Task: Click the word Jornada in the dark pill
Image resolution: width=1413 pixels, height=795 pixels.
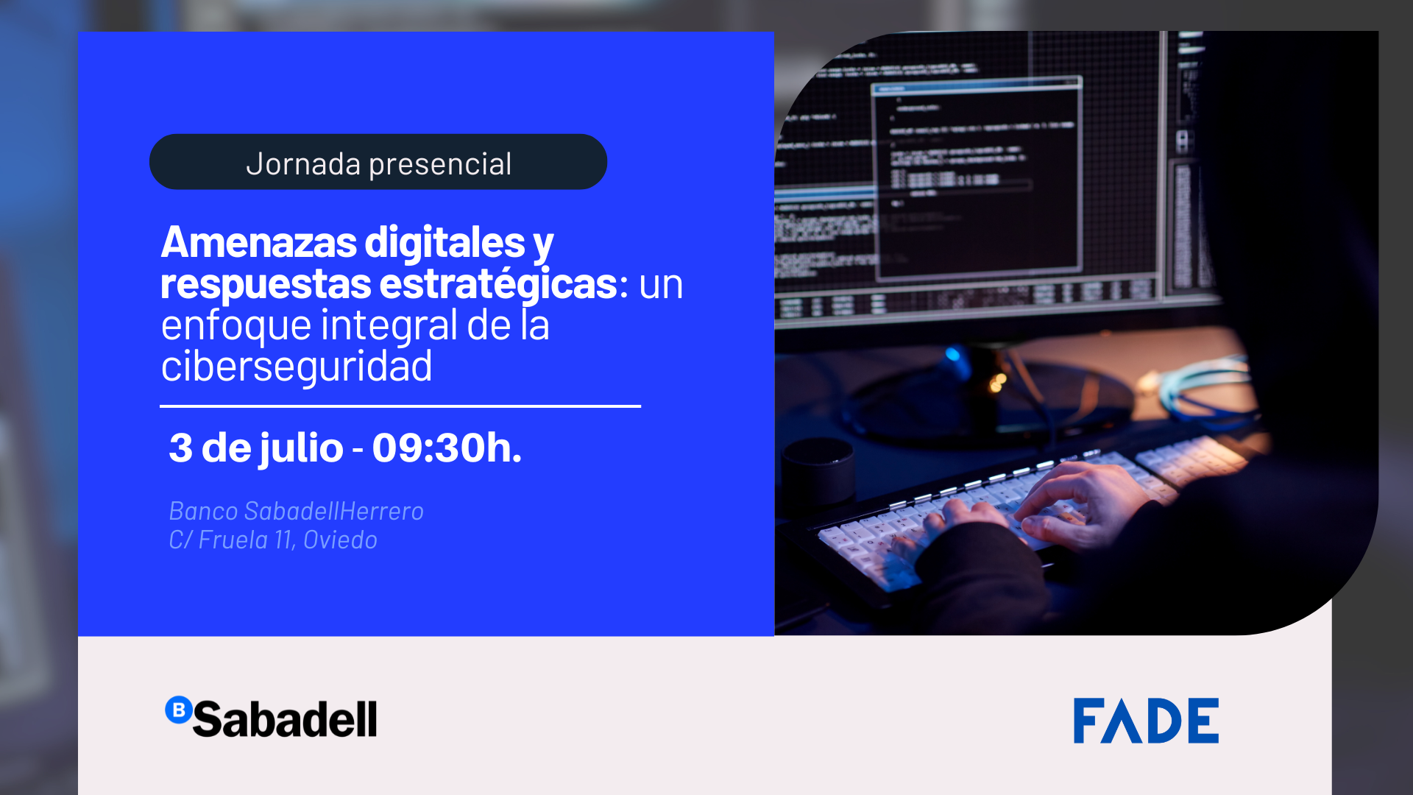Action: coord(303,163)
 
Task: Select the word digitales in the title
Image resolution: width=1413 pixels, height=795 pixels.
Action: coord(445,242)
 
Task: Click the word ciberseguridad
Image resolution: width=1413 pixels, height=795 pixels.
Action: coord(297,366)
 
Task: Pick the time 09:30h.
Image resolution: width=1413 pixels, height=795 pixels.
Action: coord(447,448)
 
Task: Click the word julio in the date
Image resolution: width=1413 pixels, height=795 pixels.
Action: coord(300,449)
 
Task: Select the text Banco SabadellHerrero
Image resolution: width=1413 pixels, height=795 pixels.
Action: coord(297,511)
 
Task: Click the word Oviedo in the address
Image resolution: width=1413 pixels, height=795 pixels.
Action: coord(340,540)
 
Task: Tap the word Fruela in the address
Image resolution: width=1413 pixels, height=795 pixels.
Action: coord(233,540)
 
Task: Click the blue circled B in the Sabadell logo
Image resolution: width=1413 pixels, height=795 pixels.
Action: coord(178,710)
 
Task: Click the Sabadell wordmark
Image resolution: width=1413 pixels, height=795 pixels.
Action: coord(285,719)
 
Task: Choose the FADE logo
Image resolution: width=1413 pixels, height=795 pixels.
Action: coord(1146,721)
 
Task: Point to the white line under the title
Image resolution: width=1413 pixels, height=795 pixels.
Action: coord(400,406)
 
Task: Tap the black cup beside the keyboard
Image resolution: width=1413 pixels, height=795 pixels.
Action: coord(818,471)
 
